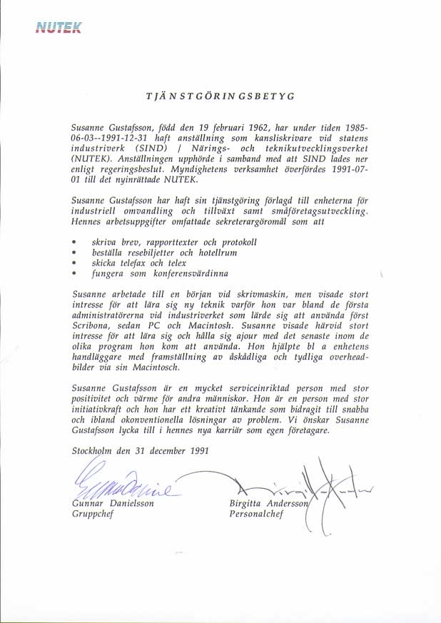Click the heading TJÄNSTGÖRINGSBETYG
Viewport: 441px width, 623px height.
pyautogui.click(x=220, y=96)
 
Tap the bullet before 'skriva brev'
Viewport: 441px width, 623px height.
pyautogui.click(x=74, y=243)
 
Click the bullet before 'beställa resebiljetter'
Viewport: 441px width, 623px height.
pyautogui.click(x=74, y=253)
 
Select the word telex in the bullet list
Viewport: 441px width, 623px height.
pyautogui.click(x=181, y=263)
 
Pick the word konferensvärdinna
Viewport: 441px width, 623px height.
pyautogui.click(x=182, y=273)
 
